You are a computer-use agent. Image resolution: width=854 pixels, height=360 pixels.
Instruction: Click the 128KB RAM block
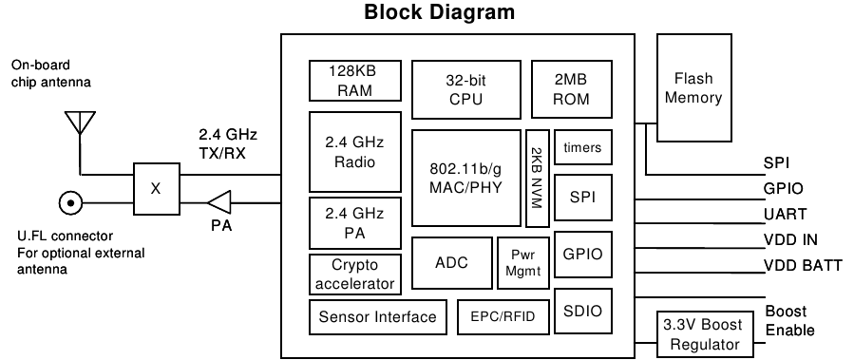pyautogui.click(x=355, y=81)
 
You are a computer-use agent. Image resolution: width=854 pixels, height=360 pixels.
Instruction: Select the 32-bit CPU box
pyautogui.click(x=466, y=89)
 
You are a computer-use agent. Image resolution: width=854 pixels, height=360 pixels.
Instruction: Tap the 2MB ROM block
pyautogui.click(x=571, y=88)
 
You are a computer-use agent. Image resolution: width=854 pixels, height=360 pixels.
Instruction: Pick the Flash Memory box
pyautogui.click(x=693, y=87)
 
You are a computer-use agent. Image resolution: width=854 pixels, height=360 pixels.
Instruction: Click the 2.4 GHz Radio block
pyautogui.click(x=355, y=152)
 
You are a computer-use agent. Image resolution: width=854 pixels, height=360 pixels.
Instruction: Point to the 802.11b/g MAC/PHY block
pyautogui.click(x=466, y=178)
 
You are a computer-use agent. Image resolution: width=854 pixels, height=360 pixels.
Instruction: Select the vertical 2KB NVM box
pyautogui.click(x=538, y=178)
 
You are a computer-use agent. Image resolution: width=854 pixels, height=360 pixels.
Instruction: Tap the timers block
pyautogui.click(x=582, y=147)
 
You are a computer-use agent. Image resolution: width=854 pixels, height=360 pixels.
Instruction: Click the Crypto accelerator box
pyautogui.click(x=355, y=274)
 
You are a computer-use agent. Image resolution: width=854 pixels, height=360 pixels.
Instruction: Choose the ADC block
pyautogui.click(x=451, y=262)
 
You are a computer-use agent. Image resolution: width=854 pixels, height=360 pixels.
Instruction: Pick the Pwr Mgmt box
pyautogui.click(x=522, y=262)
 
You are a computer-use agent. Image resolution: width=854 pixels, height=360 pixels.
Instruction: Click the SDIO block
pyautogui.click(x=582, y=311)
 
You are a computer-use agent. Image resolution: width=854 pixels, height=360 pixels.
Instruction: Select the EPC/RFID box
pyautogui.click(x=503, y=317)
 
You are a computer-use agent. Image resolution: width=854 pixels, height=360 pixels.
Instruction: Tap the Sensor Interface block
pyautogui.click(x=377, y=316)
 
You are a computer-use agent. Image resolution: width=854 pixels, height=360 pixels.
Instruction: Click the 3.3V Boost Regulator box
pyautogui.click(x=705, y=333)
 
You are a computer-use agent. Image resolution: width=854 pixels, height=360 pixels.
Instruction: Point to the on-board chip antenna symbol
pyautogui.click(x=80, y=123)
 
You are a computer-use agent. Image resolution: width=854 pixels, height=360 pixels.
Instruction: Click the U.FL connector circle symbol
pyautogui.click(x=70, y=203)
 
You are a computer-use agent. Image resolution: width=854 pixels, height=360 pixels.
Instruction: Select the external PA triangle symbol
pyautogui.click(x=218, y=202)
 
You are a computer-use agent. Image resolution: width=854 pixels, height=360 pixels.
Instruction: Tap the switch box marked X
pyautogui.click(x=157, y=188)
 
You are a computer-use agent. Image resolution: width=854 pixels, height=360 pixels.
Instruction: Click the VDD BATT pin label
pyautogui.click(x=804, y=266)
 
